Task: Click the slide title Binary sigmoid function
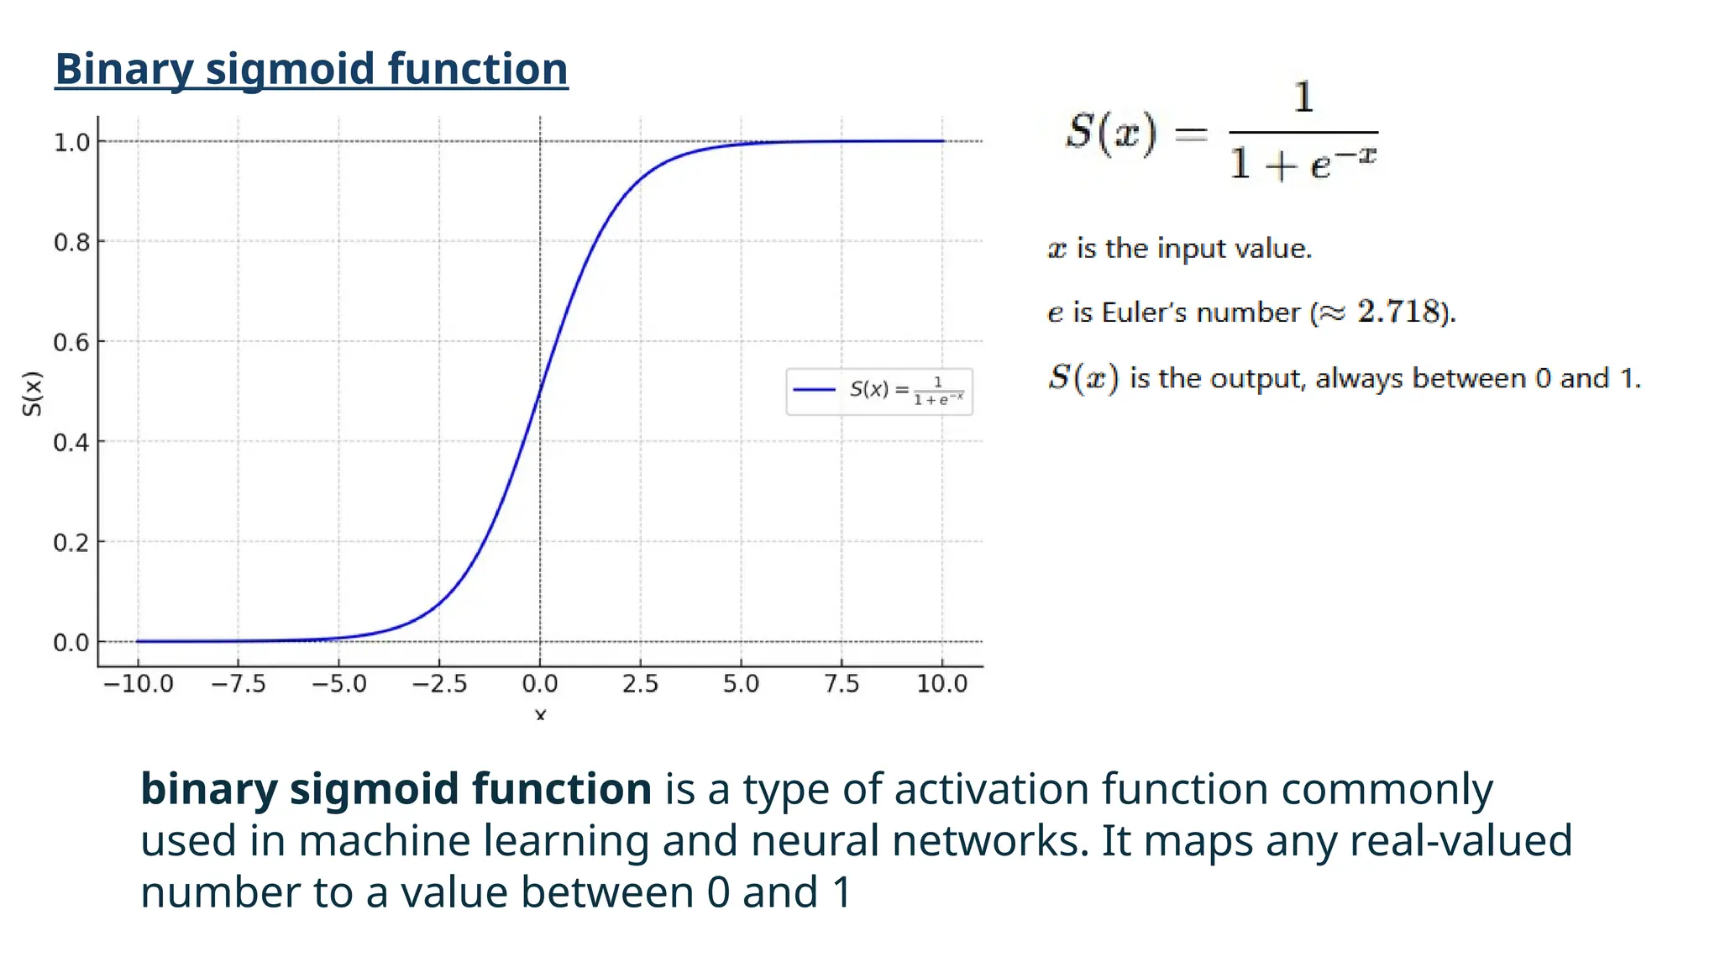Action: click(311, 69)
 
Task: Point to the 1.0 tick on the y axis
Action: click(71, 142)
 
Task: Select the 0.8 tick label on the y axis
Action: click(71, 243)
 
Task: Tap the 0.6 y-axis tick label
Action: click(71, 343)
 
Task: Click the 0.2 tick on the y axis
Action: click(71, 543)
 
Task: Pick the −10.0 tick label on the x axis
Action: click(138, 684)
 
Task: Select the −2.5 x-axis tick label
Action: click(439, 684)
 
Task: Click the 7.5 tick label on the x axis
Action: click(842, 684)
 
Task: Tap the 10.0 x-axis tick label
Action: click(942, 684)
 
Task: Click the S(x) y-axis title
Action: click(32, 393)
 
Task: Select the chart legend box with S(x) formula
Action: click(879, 392)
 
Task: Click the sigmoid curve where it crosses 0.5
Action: click(540, 392)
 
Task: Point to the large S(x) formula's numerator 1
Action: click(1303, 97)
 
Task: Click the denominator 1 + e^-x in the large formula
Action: click(1303, 162)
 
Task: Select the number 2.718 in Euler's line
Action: click(1398, 312)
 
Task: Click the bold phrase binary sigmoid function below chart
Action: click(396, 789)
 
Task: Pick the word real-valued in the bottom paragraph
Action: click(1460, 841)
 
